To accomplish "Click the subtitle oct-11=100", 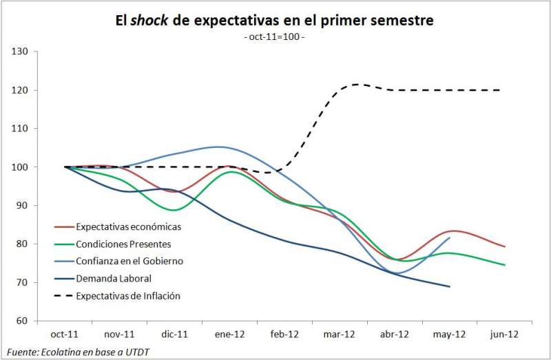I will [x=274, y=36].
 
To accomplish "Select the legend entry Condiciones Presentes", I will [x=124, y=243].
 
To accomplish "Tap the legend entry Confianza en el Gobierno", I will [x=129, y=261].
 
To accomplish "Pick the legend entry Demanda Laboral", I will [x=114, y=278].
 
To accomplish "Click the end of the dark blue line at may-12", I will [x=450, y=286].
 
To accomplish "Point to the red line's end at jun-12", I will [x=504, y=246].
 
